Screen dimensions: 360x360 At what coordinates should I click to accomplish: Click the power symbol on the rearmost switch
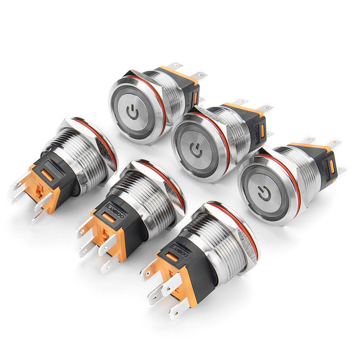(133, 112)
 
